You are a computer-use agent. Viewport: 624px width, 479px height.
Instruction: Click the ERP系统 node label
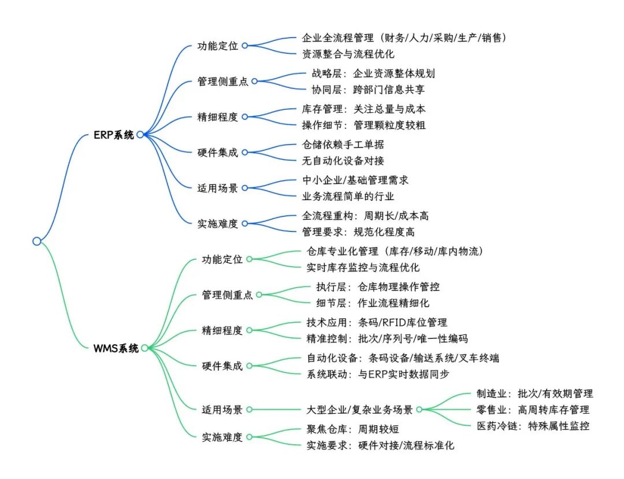(113, 135)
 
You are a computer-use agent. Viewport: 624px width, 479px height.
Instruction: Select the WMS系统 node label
(116, 348)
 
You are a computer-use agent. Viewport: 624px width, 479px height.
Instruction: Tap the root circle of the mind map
(37, 241)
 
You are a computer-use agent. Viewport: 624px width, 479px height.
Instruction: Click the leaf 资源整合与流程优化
(348, 54)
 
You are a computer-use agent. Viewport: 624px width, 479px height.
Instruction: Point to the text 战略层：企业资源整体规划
(373, 73)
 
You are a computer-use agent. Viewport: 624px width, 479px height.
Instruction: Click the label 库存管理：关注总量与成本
(364, 109)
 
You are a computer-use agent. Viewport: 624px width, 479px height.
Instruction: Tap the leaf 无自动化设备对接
(343, 160)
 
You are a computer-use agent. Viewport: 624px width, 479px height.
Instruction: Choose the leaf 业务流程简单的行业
(348, 196)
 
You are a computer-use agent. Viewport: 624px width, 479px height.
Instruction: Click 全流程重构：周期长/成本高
(365, 216)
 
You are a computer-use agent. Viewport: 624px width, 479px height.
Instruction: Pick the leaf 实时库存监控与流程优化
(363, 267)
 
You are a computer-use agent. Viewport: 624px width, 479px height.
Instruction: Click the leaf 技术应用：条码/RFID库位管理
(377, 322)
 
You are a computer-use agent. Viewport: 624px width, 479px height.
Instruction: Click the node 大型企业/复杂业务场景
(359, 410)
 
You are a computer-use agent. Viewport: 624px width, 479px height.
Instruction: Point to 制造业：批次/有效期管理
(535, 393)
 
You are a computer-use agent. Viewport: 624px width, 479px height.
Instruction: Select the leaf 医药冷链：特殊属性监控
(533, 426)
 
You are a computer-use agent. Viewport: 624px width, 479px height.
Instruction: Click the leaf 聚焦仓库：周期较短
(352, 429)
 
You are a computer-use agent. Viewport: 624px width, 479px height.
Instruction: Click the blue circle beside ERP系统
(140, 135)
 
